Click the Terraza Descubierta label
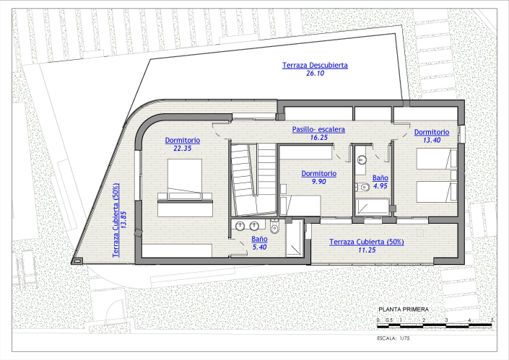pyautogui.click(x=315, y=66)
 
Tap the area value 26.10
pyautogui.click(x=315, y=74)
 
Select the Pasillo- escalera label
pyautogui.click(x=318, y=130)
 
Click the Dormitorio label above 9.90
pyautogui.click(x=318, y=173)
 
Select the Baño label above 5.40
pyautogui.click(x=260, y=239)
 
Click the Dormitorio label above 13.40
pyautogui.click(x=432, y=132)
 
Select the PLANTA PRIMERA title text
pyautogui.click(x=399, y=309)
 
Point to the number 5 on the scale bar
pyautogui.click(x=492, y=319)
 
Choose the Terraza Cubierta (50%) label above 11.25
pyautogui.click(x=365, y=241)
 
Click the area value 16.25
pyautogui.click(x=318, y=138)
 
